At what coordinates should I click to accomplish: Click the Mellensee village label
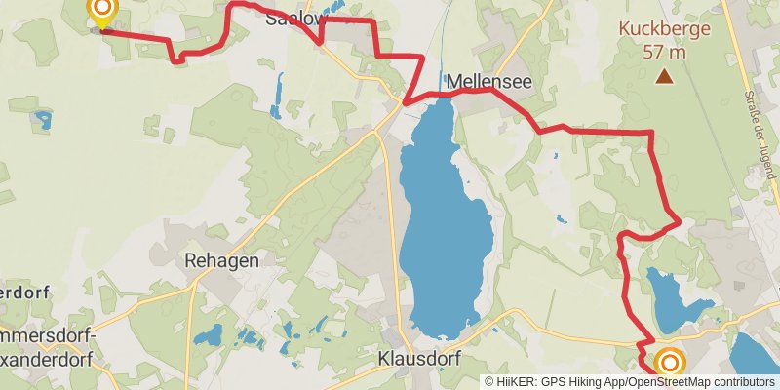[x=489, y=83]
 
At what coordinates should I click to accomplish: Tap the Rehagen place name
[x=221, y=260]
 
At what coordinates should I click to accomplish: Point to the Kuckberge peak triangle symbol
[x=664, y=75]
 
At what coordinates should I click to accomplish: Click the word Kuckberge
[x=664, y=29]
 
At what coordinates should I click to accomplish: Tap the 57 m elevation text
[x=664, y=51]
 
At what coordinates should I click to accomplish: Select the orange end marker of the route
[x=670, y=364]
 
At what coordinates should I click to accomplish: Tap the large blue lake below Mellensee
[x=444, y=224]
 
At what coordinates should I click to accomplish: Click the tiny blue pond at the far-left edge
[x=43, y=121]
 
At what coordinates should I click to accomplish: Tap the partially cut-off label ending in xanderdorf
[x=49, y=358]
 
